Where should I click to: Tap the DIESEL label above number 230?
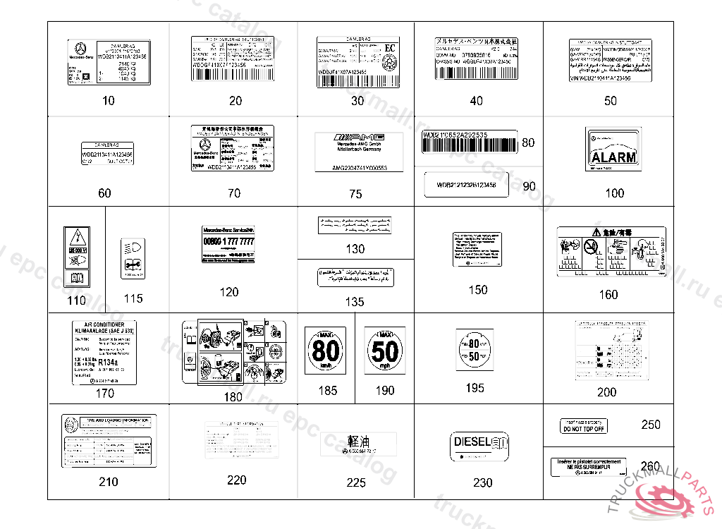(479, 446)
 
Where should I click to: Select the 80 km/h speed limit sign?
(325, 351)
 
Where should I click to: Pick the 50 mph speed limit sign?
(385, 351)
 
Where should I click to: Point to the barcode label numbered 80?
(469, 142)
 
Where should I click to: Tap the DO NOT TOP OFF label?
(583, 426)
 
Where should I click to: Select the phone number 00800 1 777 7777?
(228, 242)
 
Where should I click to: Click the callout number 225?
(356, 482)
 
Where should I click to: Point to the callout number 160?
(608, 295)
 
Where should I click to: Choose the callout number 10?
(108, 101)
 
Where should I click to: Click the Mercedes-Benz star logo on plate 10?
(80, 51)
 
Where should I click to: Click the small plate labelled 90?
(468, 186)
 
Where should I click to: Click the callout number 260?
(651, 466)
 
